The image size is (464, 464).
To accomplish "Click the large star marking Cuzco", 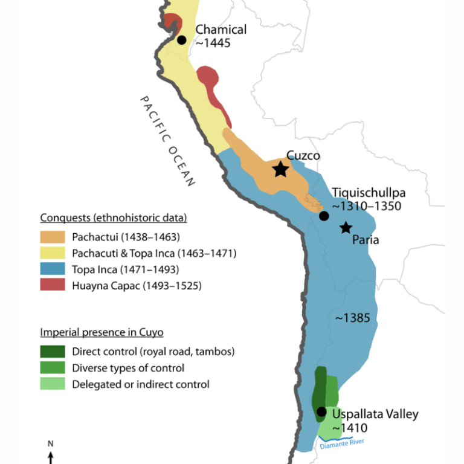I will (280, 169).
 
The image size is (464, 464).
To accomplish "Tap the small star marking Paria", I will (346, 228).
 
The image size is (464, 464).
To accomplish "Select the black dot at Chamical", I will (182, 40).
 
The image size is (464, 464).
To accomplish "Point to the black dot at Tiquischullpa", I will (324, 216).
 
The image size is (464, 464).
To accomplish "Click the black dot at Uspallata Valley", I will (321, 412).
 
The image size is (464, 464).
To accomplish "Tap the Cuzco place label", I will (303, 156).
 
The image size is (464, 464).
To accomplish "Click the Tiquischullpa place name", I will (369, 193).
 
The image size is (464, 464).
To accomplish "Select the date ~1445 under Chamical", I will (213, 43).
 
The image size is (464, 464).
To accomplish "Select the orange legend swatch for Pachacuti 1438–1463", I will (53, 237).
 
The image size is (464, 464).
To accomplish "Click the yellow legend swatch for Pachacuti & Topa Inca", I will (53, 253).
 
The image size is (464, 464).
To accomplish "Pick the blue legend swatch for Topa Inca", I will (53, 269).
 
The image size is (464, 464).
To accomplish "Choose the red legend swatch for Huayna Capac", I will (53, 286).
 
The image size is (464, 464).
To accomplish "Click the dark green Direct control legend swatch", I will (53, 352).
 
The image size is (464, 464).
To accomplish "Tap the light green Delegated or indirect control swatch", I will (53, 384).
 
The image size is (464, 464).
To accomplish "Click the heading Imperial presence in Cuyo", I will (101, 332).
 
